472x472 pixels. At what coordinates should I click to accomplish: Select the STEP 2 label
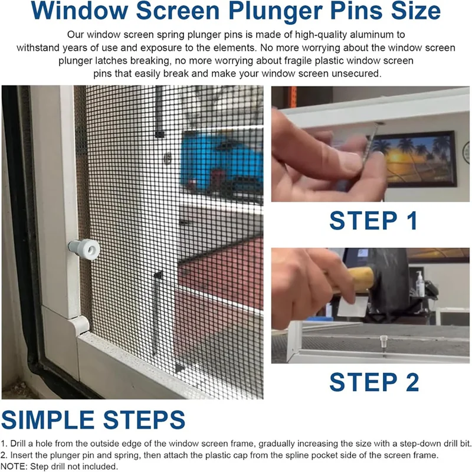click(374, 382)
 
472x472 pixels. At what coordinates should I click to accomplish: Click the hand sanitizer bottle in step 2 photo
click(420, 284)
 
